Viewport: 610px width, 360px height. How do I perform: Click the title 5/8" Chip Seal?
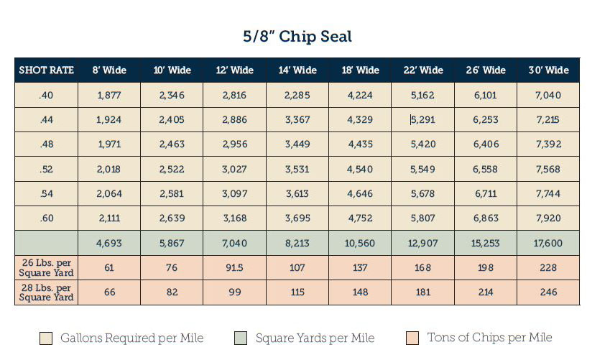coord(297,37)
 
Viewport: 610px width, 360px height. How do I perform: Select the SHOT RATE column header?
coord(46,70)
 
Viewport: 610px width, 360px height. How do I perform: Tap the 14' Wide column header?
coord(297,70)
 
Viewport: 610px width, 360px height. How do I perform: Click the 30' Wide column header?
coord(548,70)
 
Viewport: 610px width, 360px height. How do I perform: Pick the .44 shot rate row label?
coord(46,120)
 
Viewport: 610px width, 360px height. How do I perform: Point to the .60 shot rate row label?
coord(46,218)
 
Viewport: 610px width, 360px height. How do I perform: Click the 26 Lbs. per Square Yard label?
coord(46,268)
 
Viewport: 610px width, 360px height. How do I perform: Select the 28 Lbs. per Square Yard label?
coord(46,292)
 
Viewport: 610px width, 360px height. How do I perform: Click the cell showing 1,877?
coord(109,96)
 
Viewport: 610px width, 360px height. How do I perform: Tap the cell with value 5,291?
coord(423,120)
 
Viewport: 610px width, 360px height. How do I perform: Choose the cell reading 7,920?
coord(548,218)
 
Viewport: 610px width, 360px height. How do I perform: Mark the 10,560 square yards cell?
coord(360,244)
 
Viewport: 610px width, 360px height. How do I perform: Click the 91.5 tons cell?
coord(234,268)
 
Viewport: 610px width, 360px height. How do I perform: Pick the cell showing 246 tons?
coord(548,292)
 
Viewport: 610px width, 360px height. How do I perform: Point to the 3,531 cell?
coord(297,170)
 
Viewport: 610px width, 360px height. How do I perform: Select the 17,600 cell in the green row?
coord(548,244)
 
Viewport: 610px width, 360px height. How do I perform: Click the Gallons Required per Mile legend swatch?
coord(46,338)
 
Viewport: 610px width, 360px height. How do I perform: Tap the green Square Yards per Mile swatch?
coord(241,338)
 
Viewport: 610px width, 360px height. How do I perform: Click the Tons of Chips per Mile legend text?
coord(490,338)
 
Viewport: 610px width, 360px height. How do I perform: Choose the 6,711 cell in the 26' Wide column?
coord(486,194)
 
